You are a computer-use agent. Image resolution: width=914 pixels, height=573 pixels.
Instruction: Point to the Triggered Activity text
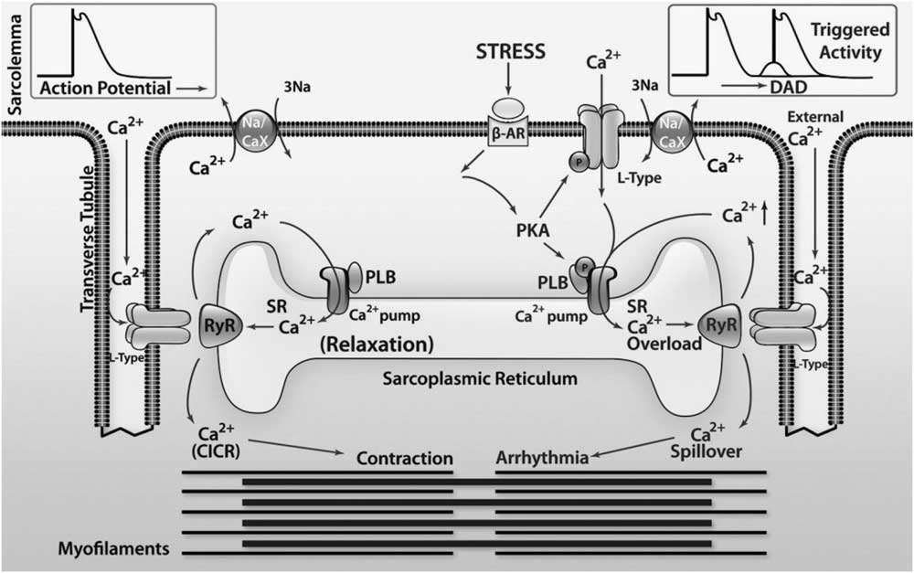(846, 41)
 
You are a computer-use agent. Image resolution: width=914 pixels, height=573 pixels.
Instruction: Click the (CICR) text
(217, 451)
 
